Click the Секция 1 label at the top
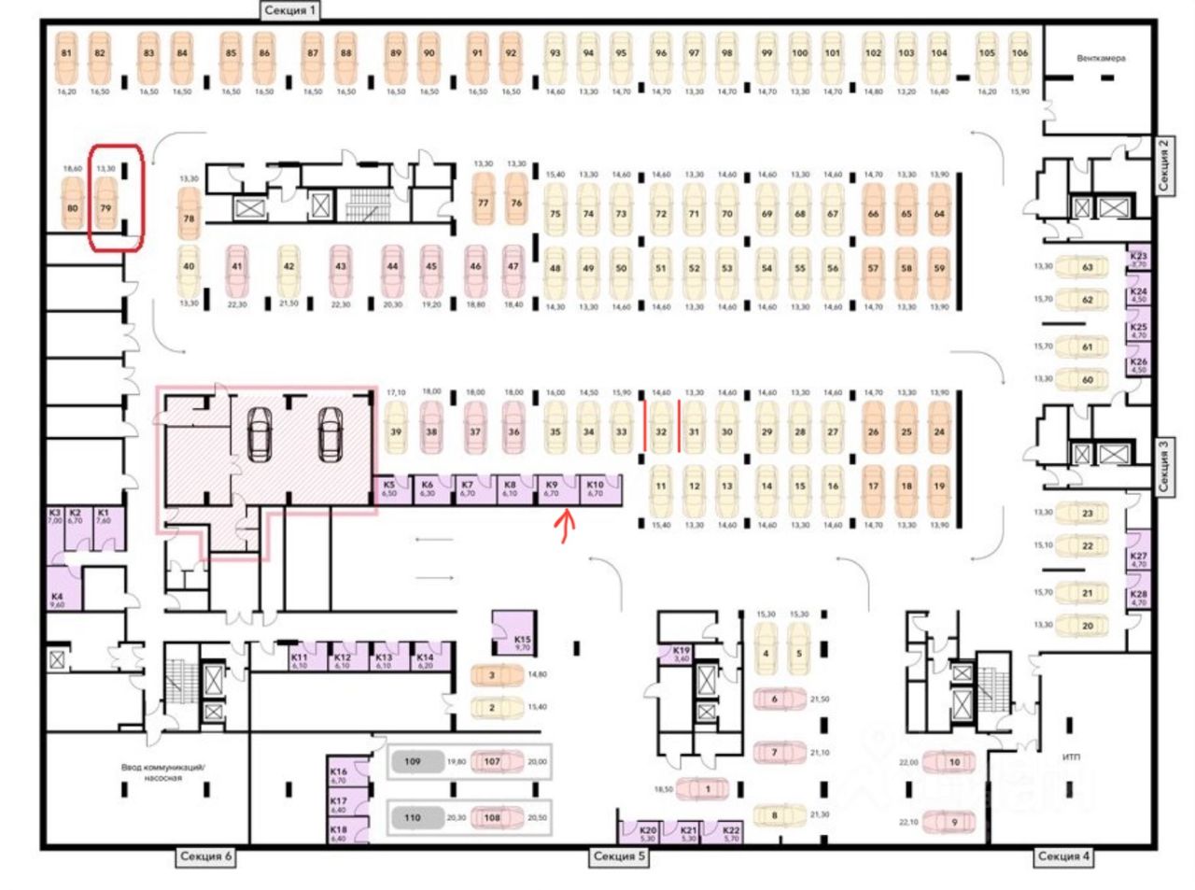click(290, 11)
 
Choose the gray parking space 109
click(412, 762)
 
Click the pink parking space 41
click(237, 269)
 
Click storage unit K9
click(552, 488)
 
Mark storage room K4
click(57, 599)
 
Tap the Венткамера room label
click(1101, 58)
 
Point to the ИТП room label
click(1071, 757)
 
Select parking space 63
click(1087, 267)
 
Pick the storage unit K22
click(731, 832)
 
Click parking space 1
click(707, 789)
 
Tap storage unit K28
click(1138, 598)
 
